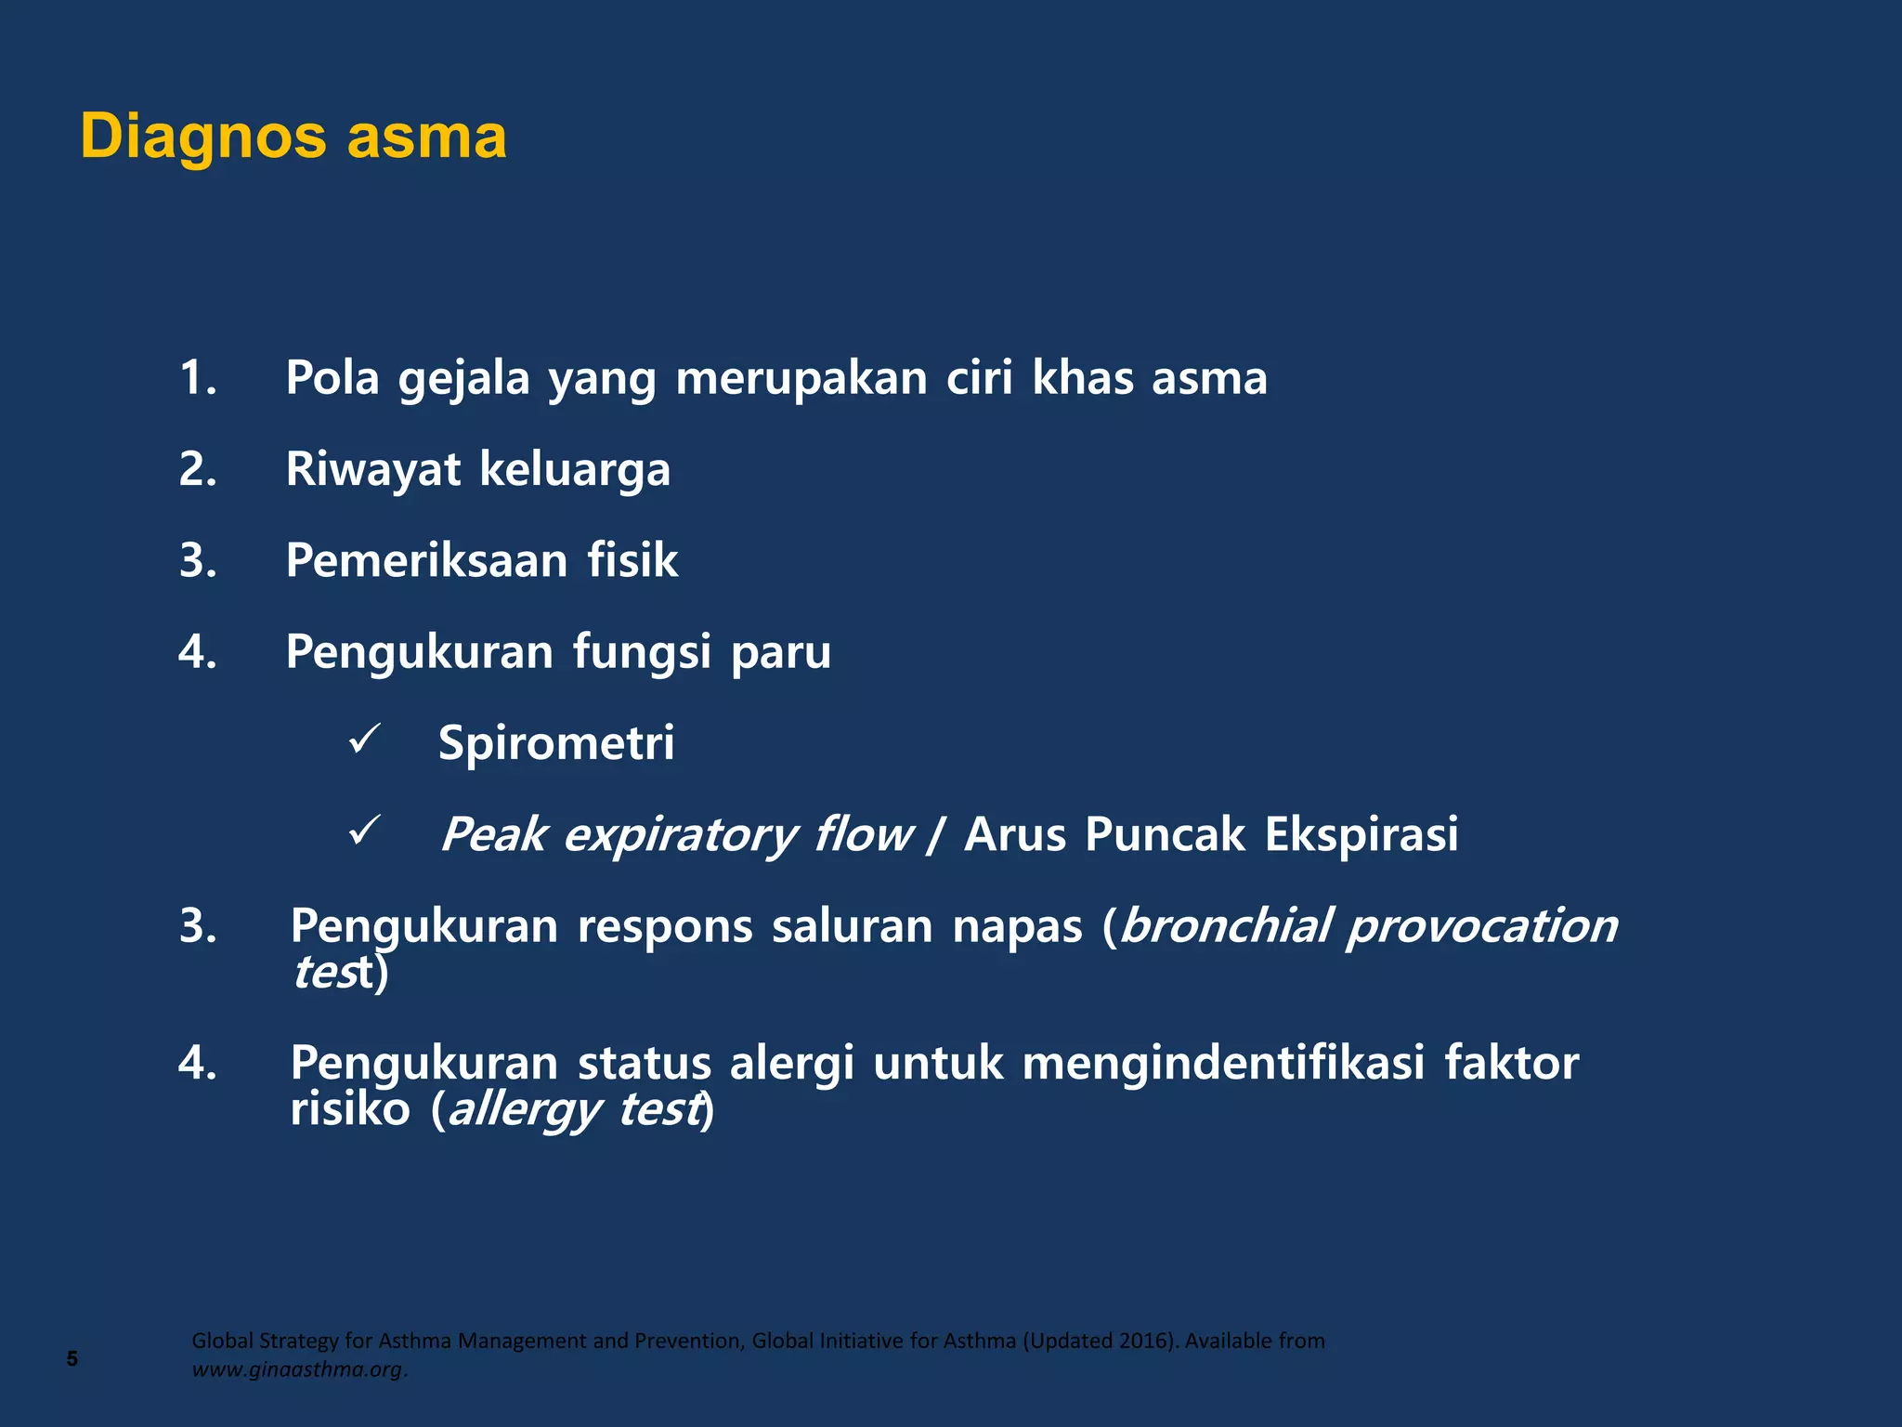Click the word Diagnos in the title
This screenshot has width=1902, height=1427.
pos(202,137)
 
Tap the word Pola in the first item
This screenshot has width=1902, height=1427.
pos(332,378)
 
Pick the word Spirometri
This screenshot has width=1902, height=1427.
pos(556,743)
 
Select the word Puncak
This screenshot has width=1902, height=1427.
pos(1165,834)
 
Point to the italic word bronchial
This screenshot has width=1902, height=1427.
pos(1225,925)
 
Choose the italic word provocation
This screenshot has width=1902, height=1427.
pos(1482,925)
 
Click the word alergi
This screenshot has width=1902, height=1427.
pos(791,1063)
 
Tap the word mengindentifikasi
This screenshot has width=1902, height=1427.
pos(1223,1063)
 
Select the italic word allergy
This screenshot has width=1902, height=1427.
pos(524,1110)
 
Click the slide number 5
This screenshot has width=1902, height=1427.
pos(72,1359)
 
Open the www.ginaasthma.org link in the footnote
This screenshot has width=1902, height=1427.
pos(298,1370)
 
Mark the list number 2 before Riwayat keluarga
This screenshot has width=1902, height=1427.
pos(197,469)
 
